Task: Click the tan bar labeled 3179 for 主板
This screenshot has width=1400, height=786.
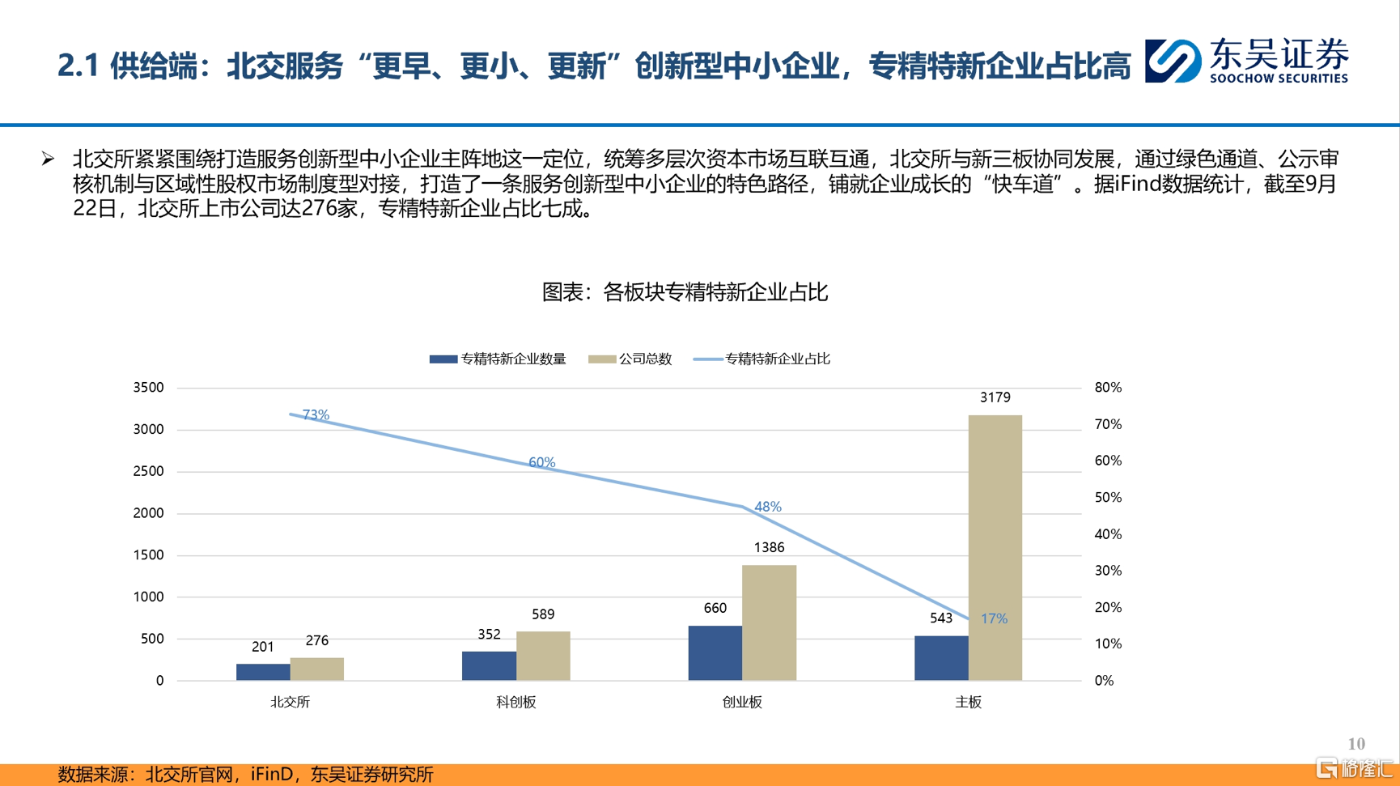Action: (995, 547)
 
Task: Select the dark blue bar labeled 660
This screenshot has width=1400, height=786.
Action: (715, 652)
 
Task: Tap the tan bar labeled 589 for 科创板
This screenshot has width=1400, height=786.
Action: (543, 656)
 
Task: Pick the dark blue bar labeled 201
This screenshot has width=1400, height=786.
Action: (263, 672)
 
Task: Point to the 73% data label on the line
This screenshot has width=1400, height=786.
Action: (316, 414)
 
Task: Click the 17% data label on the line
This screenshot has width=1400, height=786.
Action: (994, 618)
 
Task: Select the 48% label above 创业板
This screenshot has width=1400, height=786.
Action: (767, 507)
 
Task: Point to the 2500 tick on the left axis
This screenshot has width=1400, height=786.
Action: (148, 471)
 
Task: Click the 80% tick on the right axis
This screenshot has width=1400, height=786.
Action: (1108, 388)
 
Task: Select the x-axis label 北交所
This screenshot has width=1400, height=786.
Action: (290, 702)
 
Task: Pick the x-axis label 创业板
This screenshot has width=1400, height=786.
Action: (742, 702)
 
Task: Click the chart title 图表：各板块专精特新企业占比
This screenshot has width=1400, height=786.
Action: (685, 292)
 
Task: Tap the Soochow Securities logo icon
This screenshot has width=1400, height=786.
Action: (1173, 61)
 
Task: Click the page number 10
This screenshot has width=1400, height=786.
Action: (1356, 743)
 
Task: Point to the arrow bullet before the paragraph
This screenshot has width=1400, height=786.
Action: (49, 159)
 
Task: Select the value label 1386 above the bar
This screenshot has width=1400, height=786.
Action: (769, 547)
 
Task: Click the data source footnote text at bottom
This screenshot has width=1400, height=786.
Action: (245, 775)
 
